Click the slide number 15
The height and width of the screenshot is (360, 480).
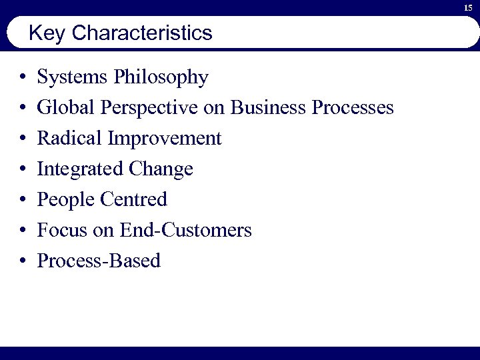(468, 7)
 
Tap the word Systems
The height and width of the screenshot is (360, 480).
(73, 78)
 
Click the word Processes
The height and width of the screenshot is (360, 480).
(353, 108)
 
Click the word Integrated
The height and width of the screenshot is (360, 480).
(75, 169)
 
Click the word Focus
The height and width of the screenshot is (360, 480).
(62, 231)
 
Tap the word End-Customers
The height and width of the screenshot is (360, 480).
(186, 231)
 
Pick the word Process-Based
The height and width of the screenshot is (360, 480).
(99, 261)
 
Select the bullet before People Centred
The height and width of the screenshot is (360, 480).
(23, 200)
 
